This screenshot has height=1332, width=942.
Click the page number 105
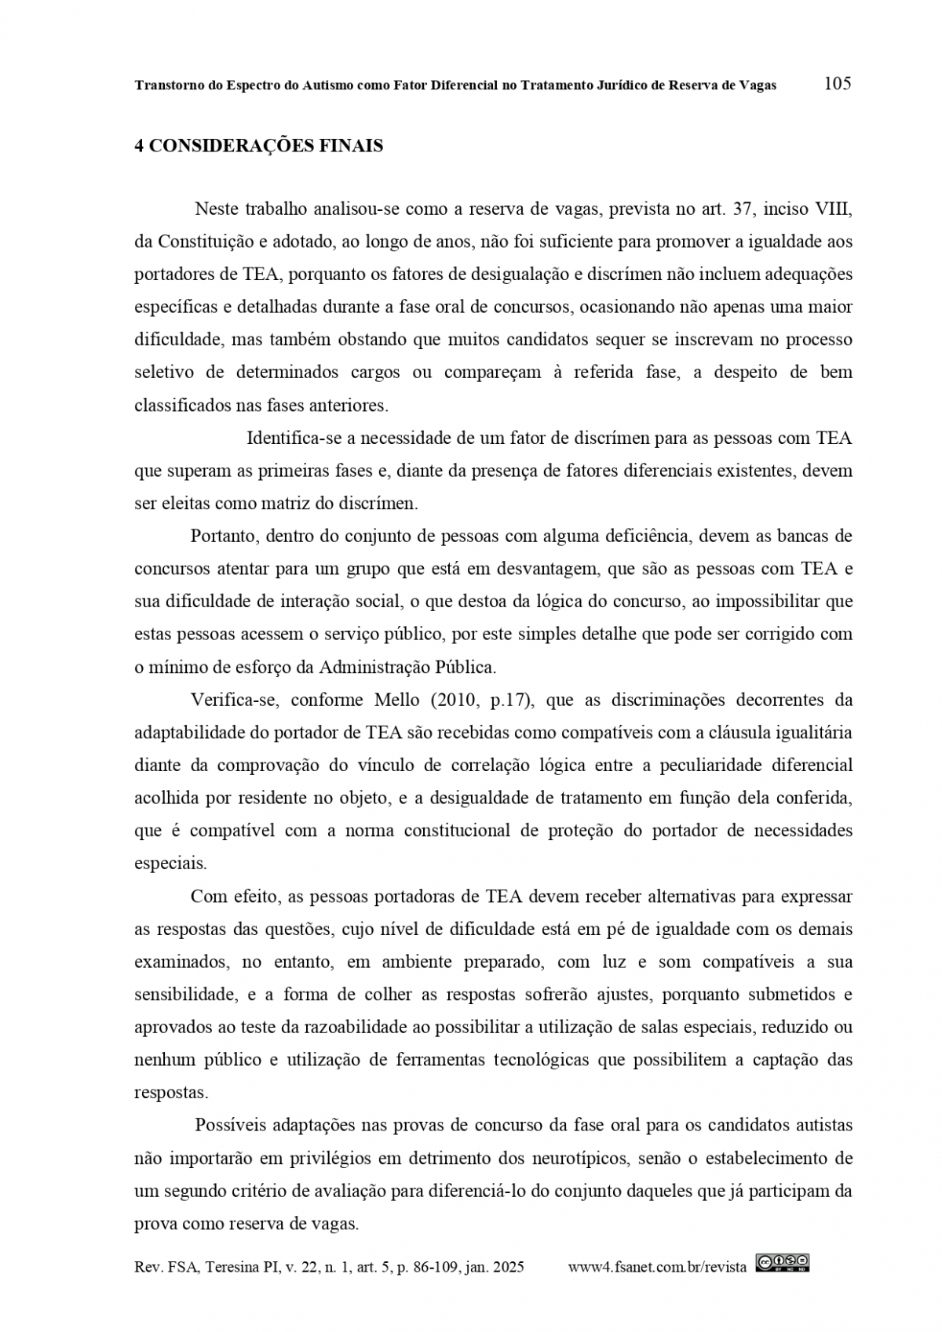838,83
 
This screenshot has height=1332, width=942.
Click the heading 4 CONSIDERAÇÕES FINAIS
259,147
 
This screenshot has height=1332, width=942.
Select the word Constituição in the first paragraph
201,242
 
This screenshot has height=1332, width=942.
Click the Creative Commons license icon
782,1262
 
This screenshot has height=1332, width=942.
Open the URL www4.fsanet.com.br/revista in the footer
657,1267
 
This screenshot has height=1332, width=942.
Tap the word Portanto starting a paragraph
224,537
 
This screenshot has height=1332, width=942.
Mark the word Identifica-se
293,438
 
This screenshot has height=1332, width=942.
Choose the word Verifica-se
233,700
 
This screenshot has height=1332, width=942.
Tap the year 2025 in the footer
508,1267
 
